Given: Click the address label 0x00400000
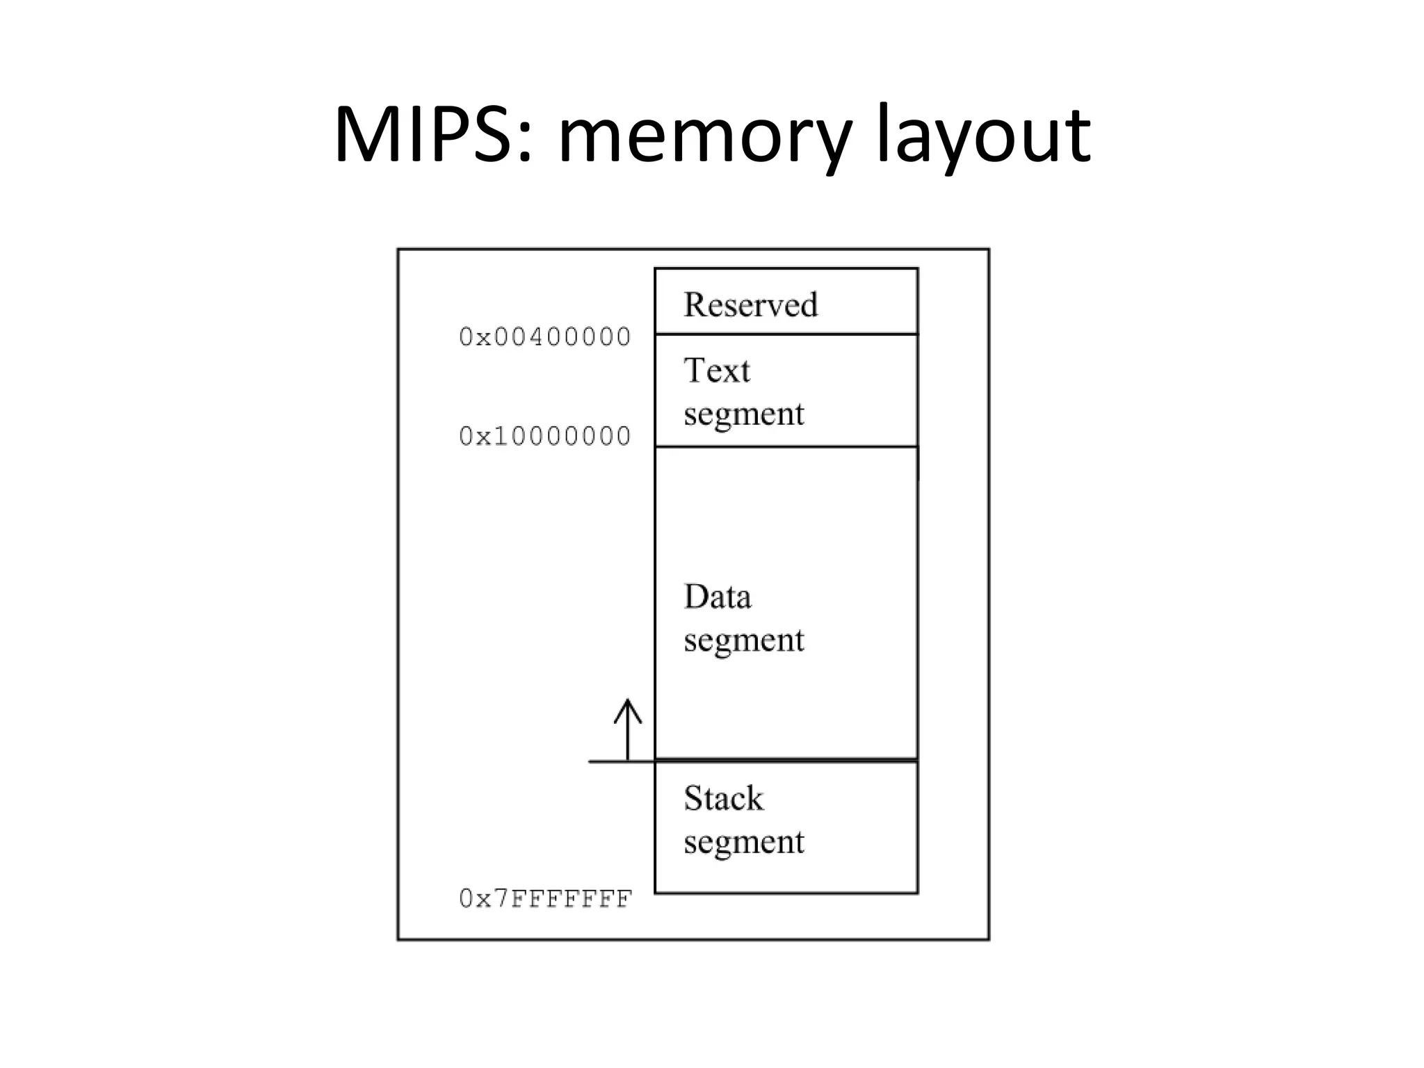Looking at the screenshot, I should pyautogui.click(x=545, y=337).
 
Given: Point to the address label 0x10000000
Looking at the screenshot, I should pyautogui.click(x=545, y=437).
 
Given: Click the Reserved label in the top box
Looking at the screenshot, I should pyautogui.click(x=751, y=305).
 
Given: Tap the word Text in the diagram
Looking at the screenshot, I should pyautogui.click(x=717, y=370).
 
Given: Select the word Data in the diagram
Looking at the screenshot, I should pyautogui.click(x=718, y=597).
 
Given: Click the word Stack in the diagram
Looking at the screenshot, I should pyautogui.click(x=723, y=798).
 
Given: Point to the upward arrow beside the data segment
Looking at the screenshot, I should pyautogui.click(x=628, y=730).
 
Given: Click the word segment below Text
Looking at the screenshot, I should pyautogui.click(x=744, y=414).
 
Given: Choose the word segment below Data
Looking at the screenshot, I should pyautogui.click(x=744, y=640).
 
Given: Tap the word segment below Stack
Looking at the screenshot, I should pyautogui.click(x=744, y=843).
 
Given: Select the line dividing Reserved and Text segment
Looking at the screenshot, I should pyautogui.click(x=786, y=334).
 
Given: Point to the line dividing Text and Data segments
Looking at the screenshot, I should pyautogui.click(x=786, y=446).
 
